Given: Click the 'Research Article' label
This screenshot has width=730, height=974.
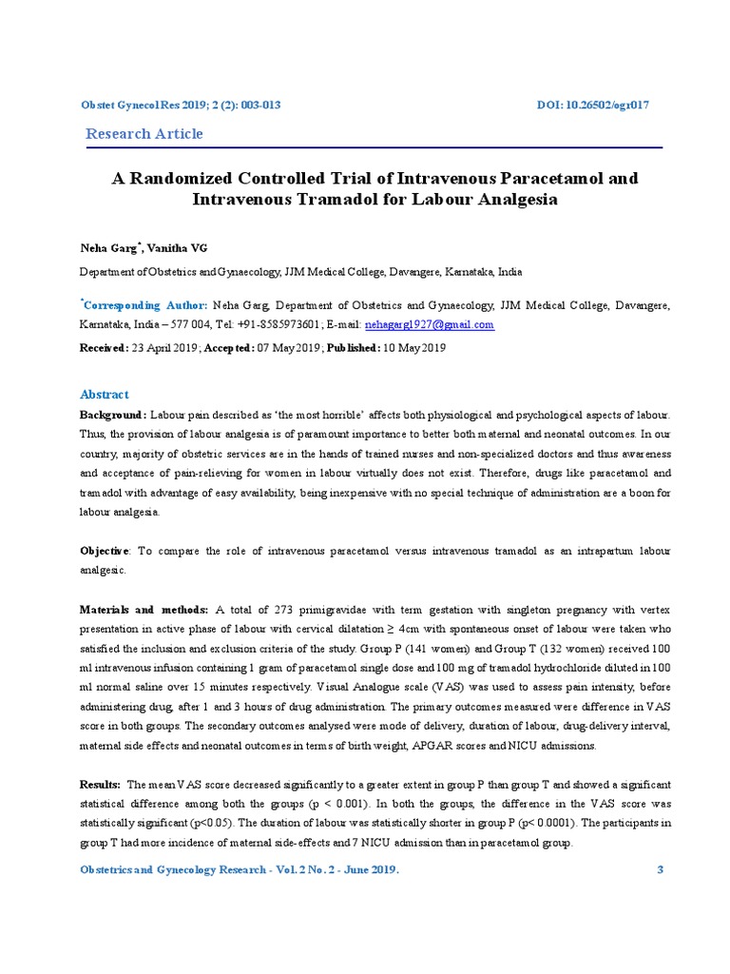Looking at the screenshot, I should point(144,134).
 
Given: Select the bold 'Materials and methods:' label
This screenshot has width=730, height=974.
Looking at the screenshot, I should point(144,610).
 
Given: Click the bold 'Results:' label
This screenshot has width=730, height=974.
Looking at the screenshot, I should point(100,785).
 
